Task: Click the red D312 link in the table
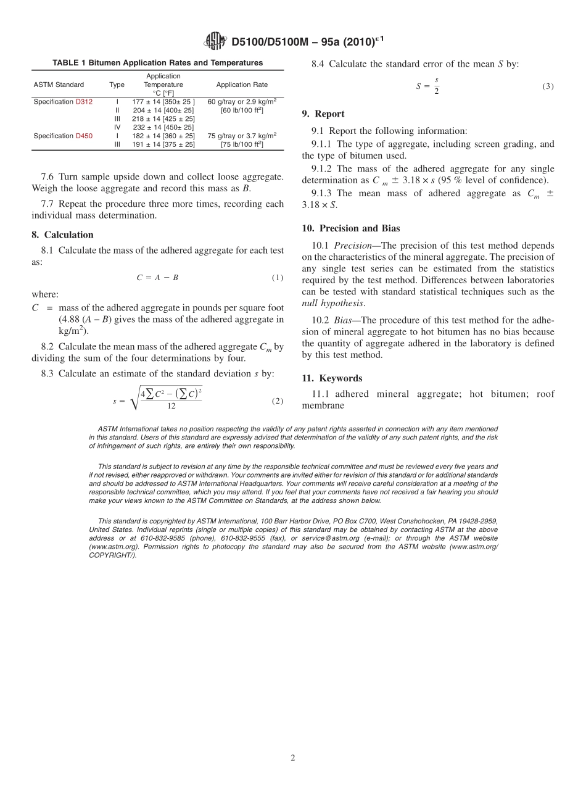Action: [84, 101]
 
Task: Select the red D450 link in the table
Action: [84, 136]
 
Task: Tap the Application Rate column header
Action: [242, 85]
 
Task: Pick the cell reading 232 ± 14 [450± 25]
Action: [163, 127]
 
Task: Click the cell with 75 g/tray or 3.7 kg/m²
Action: [242, 136]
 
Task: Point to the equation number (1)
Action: [277, 278]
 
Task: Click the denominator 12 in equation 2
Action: [171, 406]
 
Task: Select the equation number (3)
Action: [548, 87]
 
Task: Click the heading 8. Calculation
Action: [62, 235]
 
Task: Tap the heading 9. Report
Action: [323, 114]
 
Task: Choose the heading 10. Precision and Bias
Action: [350, 228]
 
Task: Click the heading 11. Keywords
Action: [332, 378]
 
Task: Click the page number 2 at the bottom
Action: [293, 758]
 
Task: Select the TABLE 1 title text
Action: [157, 62]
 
